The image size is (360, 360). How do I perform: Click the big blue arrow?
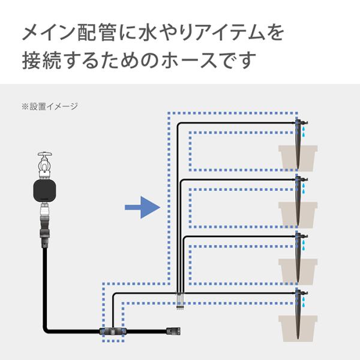[142, 208]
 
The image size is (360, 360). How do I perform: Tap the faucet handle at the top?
[45, 154]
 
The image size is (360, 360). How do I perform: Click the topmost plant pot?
[298, 158]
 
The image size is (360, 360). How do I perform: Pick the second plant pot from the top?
[298, 215]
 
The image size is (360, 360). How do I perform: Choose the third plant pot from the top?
[298, 272]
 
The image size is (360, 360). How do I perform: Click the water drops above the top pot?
[304, 131]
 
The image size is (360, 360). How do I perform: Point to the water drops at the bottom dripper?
[304, 302]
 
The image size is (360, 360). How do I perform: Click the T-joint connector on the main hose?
[113, 331]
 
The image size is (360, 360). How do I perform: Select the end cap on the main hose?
[173, 331]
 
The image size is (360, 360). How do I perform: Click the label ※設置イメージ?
[50, 107]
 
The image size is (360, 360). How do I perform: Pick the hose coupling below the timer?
[44, 227]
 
